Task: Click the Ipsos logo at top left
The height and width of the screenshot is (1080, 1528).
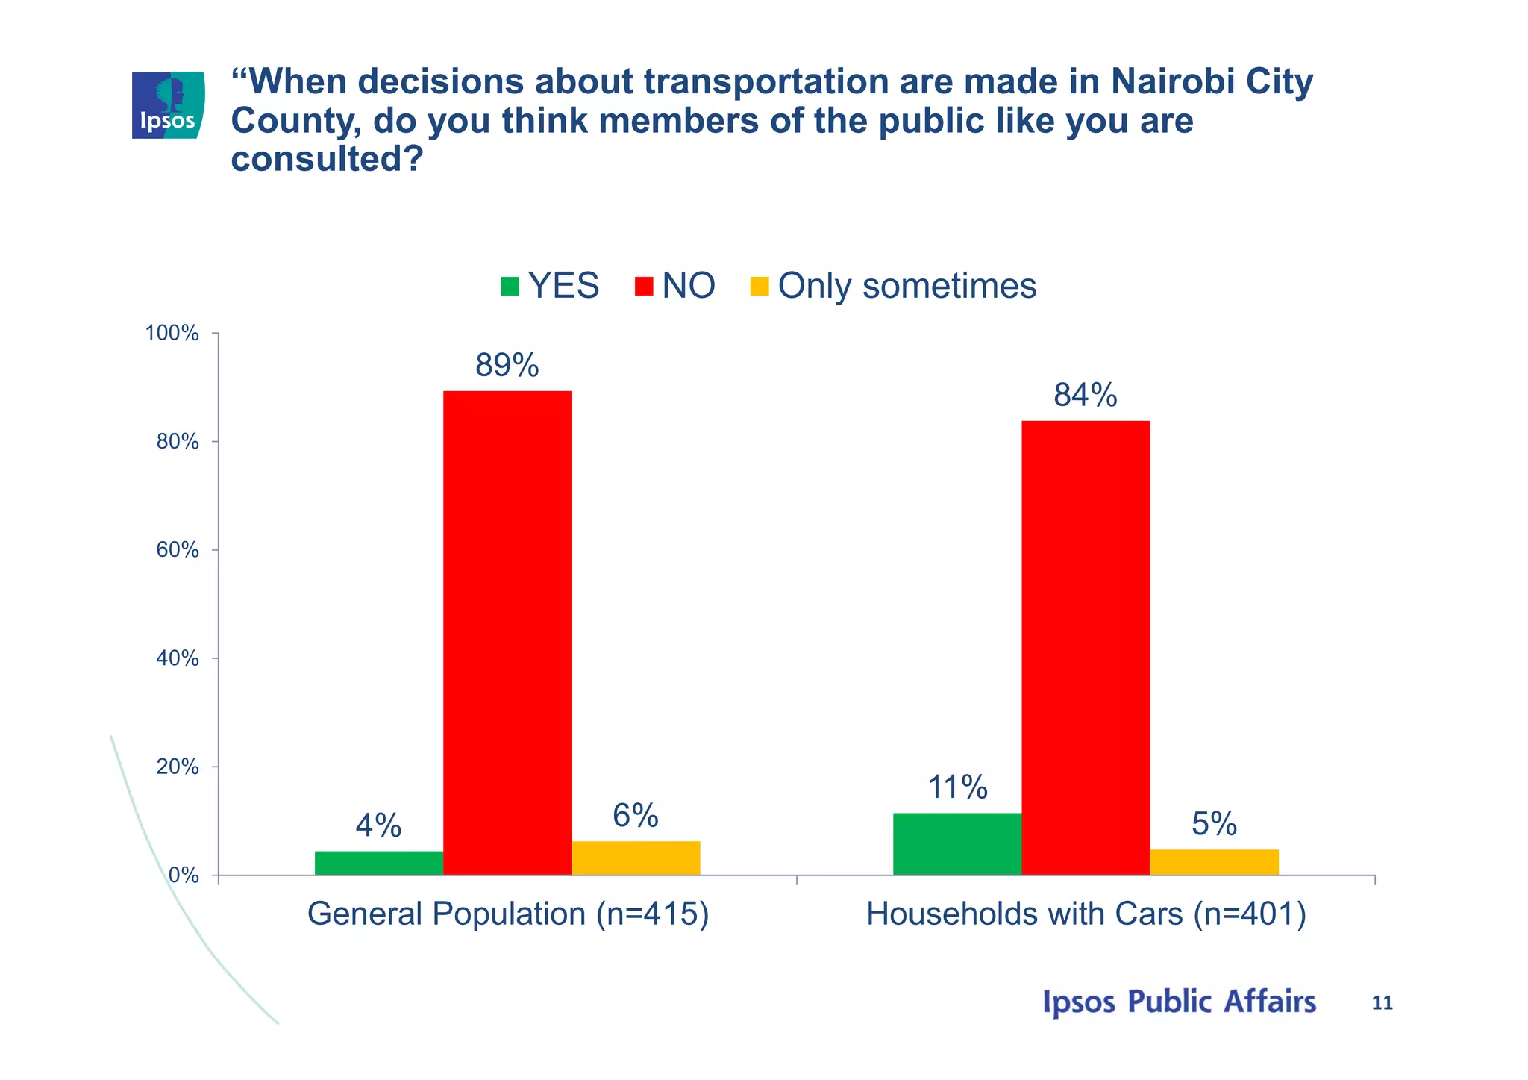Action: coord(168,105)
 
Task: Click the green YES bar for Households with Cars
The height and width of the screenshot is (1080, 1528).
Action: coord(956,843)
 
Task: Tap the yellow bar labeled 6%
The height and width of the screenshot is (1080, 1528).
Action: coord(636,858)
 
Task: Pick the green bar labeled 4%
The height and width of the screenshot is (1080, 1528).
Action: coord(378,863)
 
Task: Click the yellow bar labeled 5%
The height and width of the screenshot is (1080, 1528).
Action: coord(1214,862)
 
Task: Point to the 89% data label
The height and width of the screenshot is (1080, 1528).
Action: coord(507,366)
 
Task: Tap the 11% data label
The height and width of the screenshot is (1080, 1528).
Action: coord(957,787)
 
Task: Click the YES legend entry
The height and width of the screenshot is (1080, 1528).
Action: coord(550,286)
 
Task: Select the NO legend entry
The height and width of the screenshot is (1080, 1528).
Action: coord(675,286)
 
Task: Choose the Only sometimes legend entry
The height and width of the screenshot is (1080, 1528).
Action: coord(893,286)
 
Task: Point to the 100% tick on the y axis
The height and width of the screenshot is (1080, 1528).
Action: coord(172,334)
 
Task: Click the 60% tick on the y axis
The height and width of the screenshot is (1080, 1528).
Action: coord(178,550)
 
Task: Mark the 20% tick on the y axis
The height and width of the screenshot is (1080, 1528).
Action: coord(178,767)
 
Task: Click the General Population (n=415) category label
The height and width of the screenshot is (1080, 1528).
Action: coord(508,914)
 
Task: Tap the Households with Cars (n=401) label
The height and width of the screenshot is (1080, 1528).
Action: coord(1086,914)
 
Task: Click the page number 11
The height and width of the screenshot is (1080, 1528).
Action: coord(1382,1003)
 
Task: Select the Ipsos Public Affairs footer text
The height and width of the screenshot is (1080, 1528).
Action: coord(1179,1002)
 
